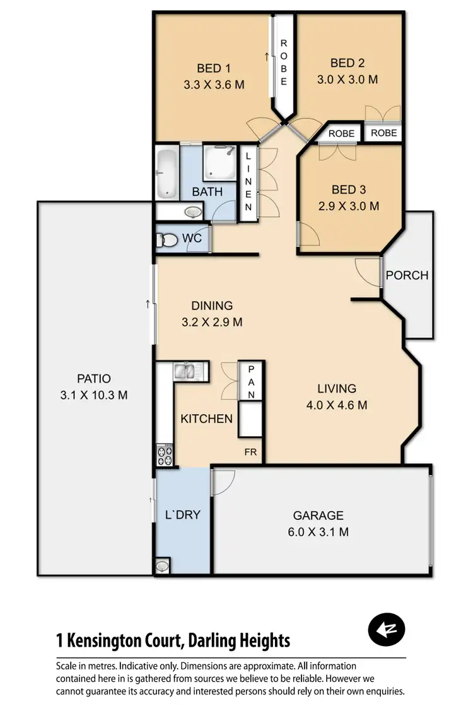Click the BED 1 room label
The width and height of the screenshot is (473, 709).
(x=214, y=68)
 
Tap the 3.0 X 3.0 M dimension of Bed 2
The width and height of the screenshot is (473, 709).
(x=347, y=79)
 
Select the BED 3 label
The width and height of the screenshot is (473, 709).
(x=348, y=190)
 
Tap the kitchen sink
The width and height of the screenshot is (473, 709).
(x=186, y=371)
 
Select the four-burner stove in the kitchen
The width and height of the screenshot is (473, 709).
(x=165, y=456)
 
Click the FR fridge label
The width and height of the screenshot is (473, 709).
(x=252, y=452)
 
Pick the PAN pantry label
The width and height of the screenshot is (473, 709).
(x=250, y=381)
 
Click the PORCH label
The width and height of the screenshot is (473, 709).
(x=407, y=275)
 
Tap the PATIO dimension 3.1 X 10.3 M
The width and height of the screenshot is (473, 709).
(x=94, y=395)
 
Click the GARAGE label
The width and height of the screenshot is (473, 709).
(x=318, y=515)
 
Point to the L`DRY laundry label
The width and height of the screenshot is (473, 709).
(x=183, y=515)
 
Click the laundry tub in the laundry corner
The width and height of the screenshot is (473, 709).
(x=163, y=565)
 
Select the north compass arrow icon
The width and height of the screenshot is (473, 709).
(x=386, y=628)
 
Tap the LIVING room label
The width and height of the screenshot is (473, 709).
(x=337, y=389)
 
